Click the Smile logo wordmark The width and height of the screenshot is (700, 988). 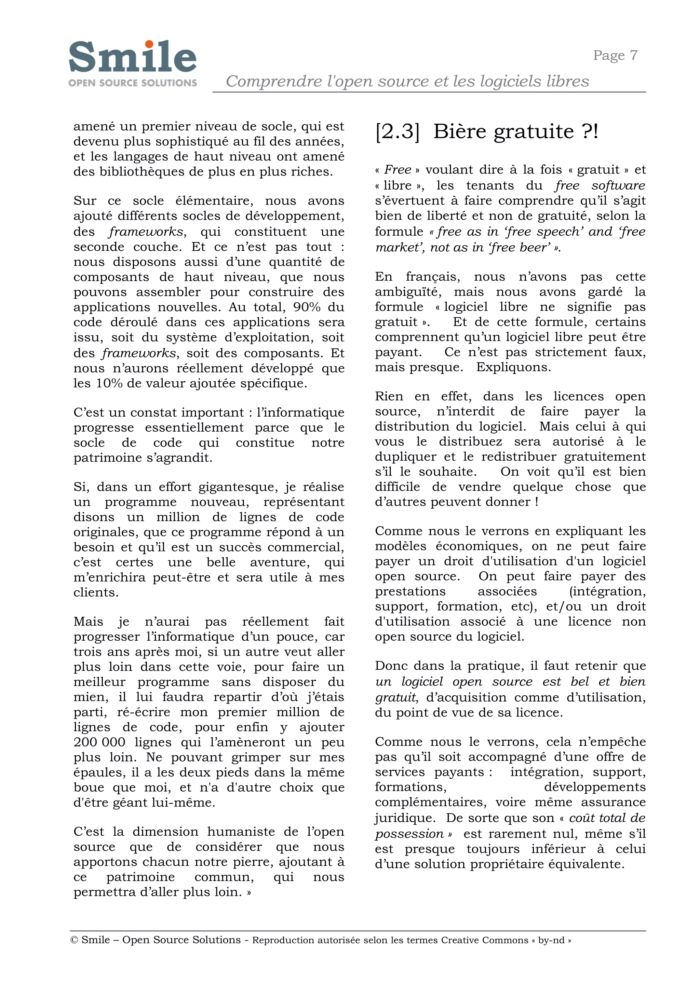[132, 57]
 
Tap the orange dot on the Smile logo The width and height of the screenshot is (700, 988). [149, 44]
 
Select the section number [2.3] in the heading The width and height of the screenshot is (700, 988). [397, 131]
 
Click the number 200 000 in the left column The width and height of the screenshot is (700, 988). [99, 742]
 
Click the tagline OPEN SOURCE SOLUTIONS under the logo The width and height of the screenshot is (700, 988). [132, 83]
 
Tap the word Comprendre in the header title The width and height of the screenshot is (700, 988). [274, 81]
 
